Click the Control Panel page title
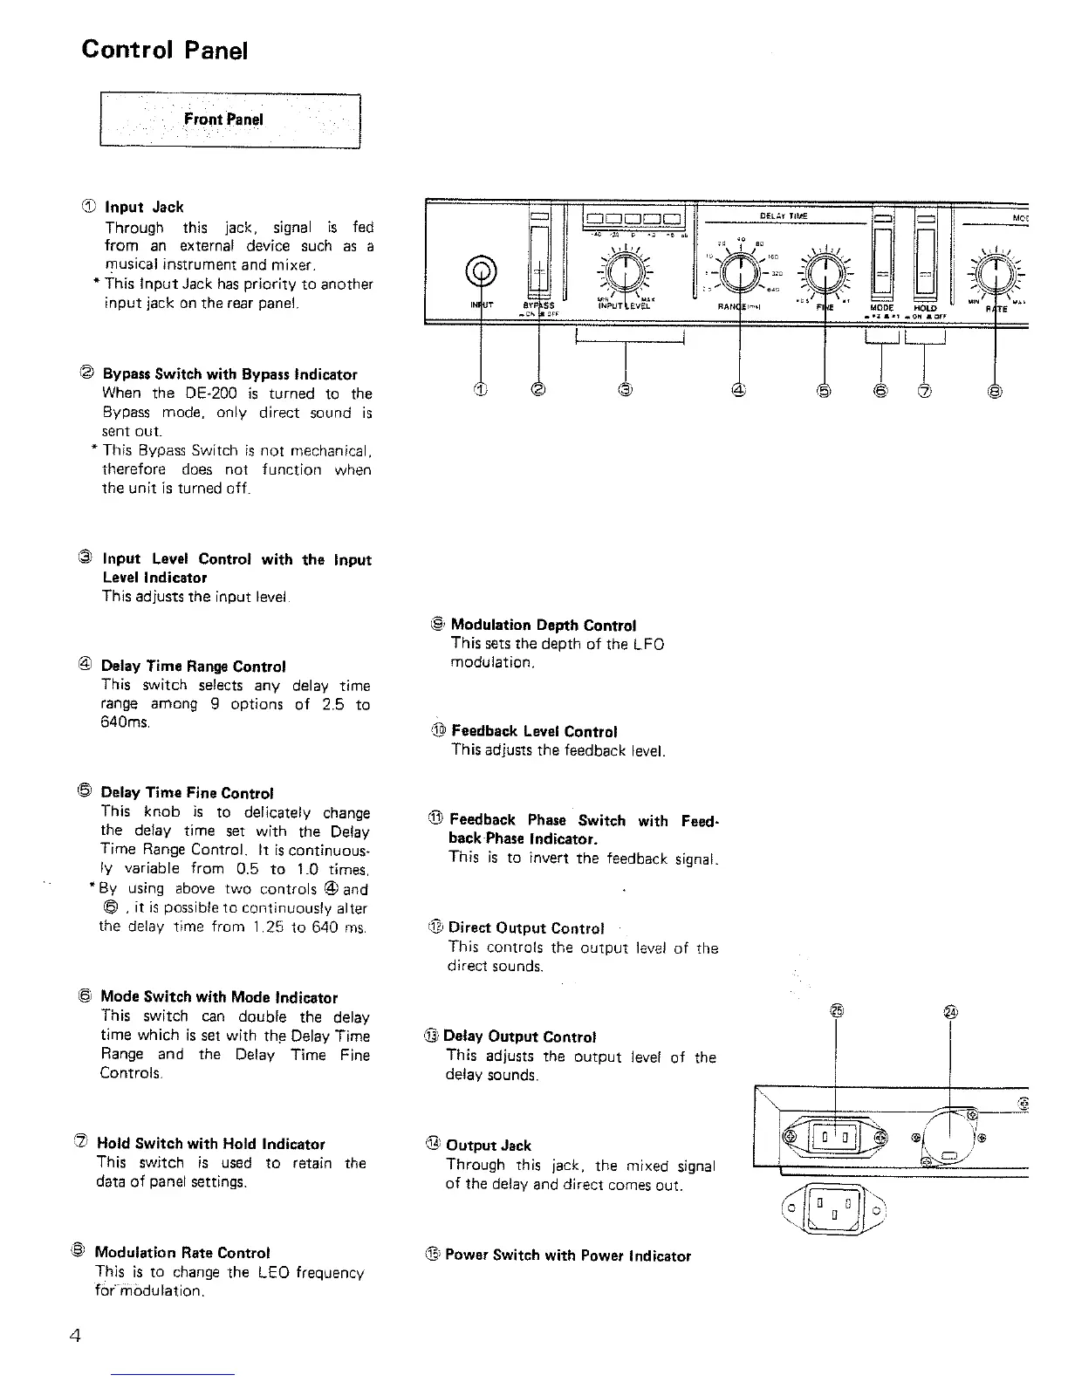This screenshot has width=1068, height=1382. tap(165, 49)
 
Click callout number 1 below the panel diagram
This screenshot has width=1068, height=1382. tap(482, 390)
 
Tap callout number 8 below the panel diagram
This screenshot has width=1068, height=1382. tap(995, 390)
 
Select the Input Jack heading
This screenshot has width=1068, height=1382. tap(144, 207)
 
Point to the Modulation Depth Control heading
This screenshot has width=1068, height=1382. tap(544, 625)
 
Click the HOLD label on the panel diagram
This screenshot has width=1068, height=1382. tap(925, 307)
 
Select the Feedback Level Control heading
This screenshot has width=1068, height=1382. tap(533, 731)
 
